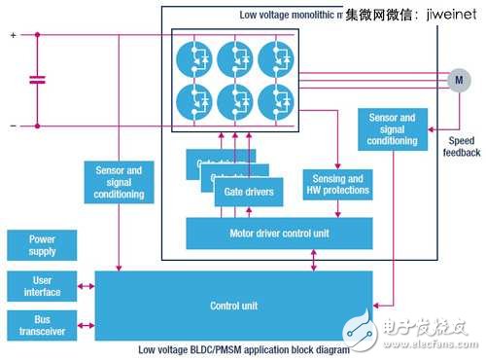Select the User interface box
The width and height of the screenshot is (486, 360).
42,285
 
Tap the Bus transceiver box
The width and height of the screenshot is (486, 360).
42,324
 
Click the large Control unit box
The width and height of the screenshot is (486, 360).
232,306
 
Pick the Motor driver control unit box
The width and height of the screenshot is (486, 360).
279,234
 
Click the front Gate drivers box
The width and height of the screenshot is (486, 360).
249,193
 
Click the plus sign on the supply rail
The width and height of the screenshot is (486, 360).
13,35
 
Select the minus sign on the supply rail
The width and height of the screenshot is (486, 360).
13,125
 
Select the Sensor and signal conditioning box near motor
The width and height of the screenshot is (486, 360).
392,129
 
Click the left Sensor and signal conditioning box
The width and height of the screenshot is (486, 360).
120,182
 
